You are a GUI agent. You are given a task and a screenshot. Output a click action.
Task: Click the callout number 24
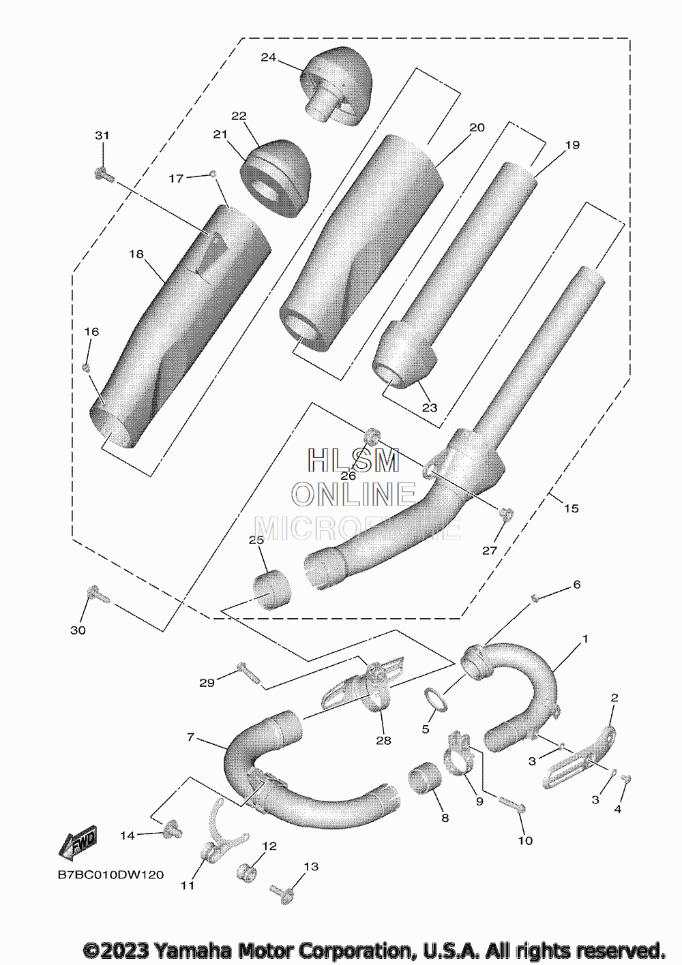[268, 58]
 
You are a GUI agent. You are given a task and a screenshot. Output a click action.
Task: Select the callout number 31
[102, 136]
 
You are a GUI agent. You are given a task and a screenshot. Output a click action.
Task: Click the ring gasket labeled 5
[436, 699]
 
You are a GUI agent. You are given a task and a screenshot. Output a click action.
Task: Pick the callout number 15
[571, 508]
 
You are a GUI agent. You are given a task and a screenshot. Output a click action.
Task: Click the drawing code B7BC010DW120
[110, 874]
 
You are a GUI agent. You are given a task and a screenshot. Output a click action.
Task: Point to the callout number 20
[477, 127]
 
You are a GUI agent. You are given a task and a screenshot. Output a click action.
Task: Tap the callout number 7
[190, 737]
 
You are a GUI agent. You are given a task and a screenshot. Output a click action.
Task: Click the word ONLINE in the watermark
[353, 493]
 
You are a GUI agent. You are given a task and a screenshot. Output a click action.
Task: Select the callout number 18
[136, 254]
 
